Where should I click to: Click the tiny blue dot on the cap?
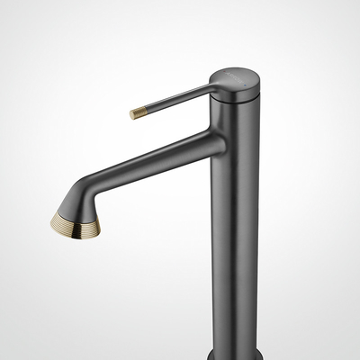tap(246, 85)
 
